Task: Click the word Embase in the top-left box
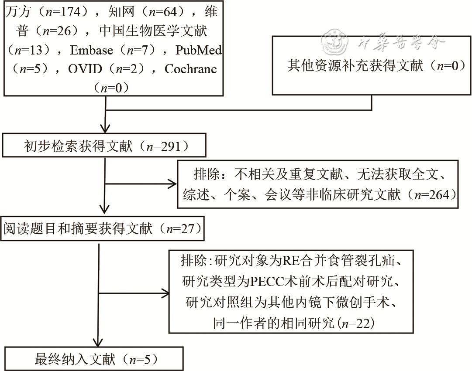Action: click(91, 50)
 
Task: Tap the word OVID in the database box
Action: click(85, 69)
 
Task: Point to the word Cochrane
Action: click(191, 69)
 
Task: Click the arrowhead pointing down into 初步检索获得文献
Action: click(106, 127)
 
